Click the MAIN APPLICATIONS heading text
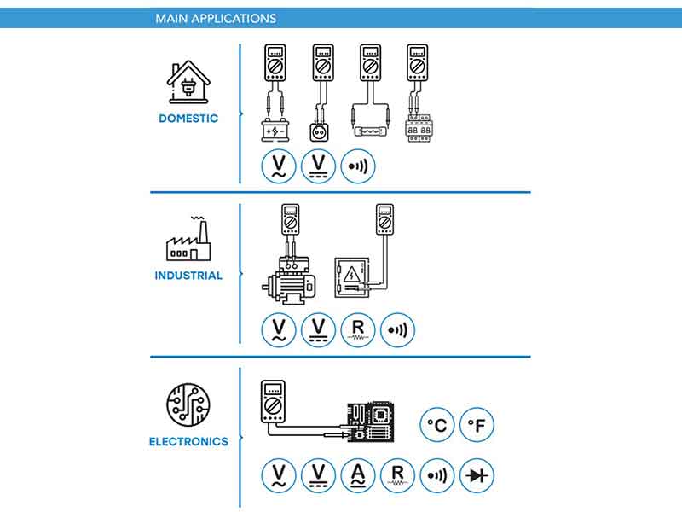pos(216,18)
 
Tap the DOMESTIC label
pos(188,119)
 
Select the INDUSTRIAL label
pos(188,276)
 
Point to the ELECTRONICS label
pos(188,441)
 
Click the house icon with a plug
pos(188,82)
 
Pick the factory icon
pos(188,239)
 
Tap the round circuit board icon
pos(188,404)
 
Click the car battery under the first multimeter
pos(275,131)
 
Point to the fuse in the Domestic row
pos(370,131)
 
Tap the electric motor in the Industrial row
pos(289,281)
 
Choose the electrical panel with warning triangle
pos(352,277)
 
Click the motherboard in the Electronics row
pos(371,422)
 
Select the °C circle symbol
pos(437,424)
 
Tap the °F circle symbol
pos(477,424)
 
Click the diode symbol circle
pos(477,475)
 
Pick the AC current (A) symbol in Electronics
pos(358,475)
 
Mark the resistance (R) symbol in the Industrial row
pos(358,330)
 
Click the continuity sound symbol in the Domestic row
pos(358,166)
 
